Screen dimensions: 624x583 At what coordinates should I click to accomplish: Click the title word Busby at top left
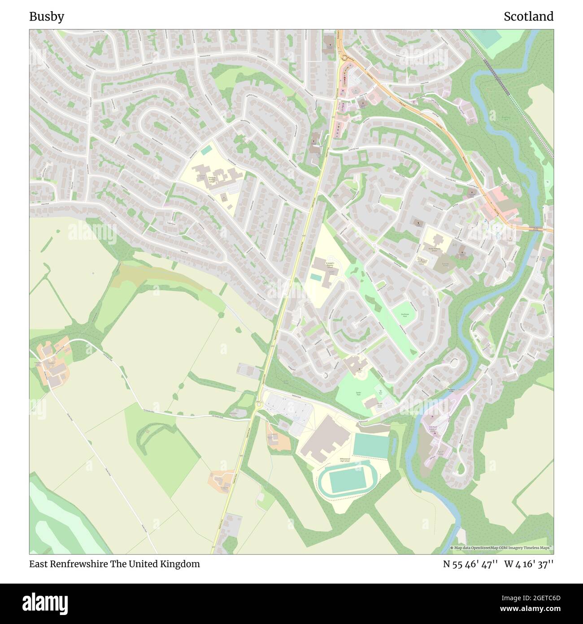47,17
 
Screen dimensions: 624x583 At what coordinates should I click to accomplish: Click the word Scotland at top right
528,17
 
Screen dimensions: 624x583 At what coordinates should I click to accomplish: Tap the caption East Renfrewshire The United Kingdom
115,564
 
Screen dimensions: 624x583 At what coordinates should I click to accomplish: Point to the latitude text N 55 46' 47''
470,564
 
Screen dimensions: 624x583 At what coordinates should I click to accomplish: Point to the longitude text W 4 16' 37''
529,564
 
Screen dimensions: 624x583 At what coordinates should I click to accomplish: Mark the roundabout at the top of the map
344,57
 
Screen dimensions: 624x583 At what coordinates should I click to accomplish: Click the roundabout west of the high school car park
259,403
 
